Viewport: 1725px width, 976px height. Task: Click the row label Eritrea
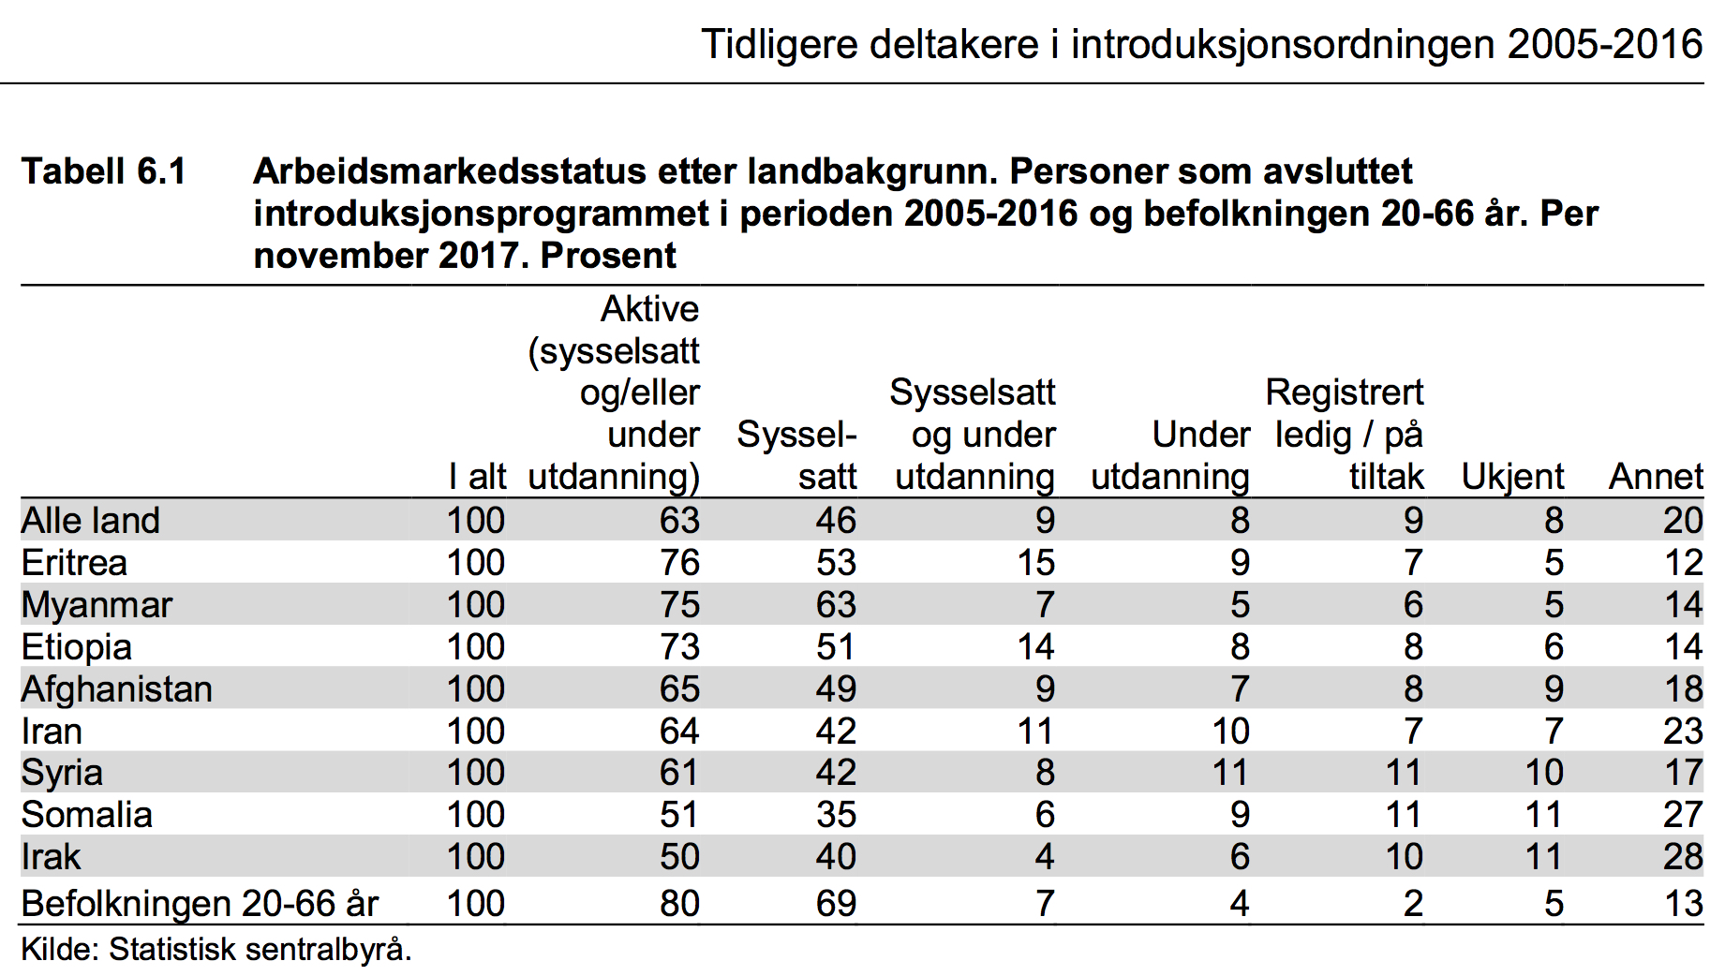pyautogui.click(x=74, y=563)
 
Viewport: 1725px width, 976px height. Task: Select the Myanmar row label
pyautogui.click(x=97, y=606)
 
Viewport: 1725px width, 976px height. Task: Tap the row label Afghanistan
pyautogui.click(x=117, y=689)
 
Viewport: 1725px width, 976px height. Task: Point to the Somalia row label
pyautogui.click(x=86, y=815)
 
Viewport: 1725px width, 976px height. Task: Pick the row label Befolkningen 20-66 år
pyautogui.click(x=200, y=904)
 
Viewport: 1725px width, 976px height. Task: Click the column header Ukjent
pyautogui.click(x=1512, y=478)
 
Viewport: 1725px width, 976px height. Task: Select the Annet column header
pyautogui.click(x=1656, y=477)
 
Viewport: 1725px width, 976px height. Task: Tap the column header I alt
pyautogui.click(x=477, y=477)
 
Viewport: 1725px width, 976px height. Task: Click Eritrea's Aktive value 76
pyautogui.click(x=679, y=563)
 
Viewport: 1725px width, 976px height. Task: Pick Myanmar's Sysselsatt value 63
pyautogui.click(x=836, y=605)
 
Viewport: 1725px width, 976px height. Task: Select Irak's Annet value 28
pyautogui.click(x=1683, y=857)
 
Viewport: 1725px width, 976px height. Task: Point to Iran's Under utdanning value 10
pyautogui.click(x=1230, y=732)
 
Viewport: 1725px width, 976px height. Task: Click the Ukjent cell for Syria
pyautogui.click(x=1543, y=773)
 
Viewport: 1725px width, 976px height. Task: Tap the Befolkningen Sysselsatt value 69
pyautogui.click(x=836, y=904)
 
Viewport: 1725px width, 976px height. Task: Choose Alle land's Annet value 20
pyautogui.click(x=1683, y=521)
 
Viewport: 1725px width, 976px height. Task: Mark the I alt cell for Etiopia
pyautogui.click(x=476, y=647)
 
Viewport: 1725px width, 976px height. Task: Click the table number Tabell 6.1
pyautogui.click(x=104, y=171)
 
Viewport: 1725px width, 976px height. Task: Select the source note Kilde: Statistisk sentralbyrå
pyautogui.click(x=216, y=950)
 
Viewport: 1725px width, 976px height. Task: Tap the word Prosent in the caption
pyautogui.click(x=609, y=256)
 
